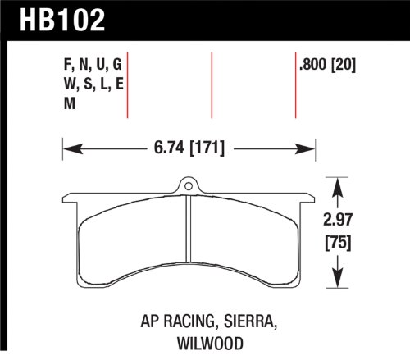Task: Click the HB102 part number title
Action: [x=62, y=20]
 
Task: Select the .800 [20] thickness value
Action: [x=327, y=65]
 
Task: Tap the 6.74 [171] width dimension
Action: [x=189, y=148]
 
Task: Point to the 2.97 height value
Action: [x=338, y=219]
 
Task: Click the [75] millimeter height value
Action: [x=338, y=243]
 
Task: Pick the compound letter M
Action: [x=70, y=103]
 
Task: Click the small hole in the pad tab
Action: [x=189, y=186]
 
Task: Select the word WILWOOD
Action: [x=210, y=344]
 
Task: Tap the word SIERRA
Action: [x=250, y=321]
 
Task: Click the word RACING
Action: [x=189, y=321]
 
